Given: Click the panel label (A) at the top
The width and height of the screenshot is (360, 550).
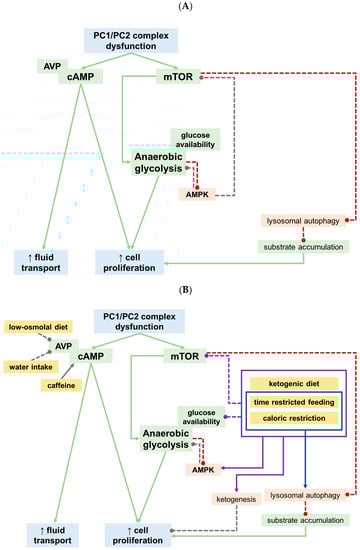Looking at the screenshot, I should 181,6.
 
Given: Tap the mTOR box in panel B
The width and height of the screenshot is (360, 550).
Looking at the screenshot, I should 183,354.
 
